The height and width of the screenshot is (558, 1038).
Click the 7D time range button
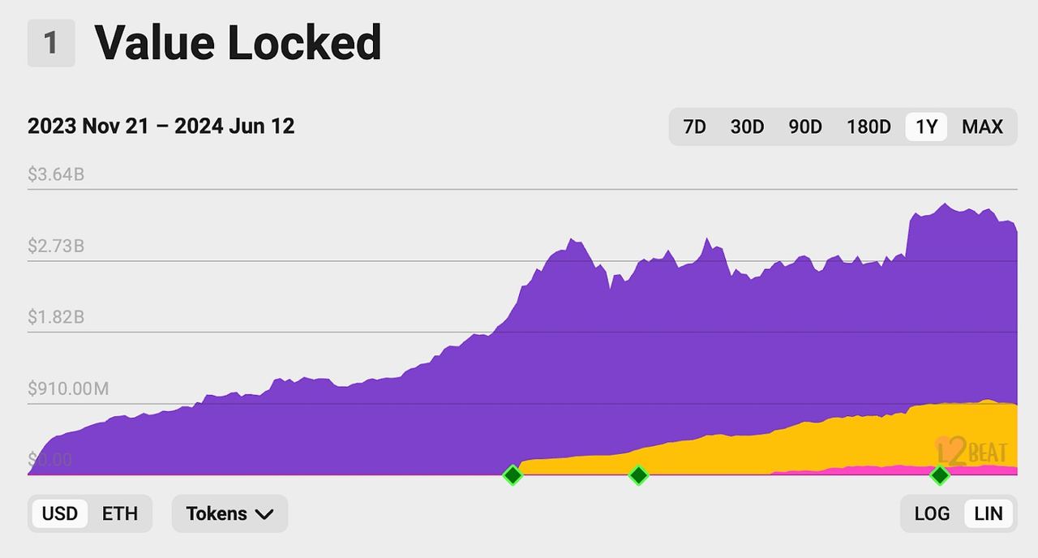(694, 127)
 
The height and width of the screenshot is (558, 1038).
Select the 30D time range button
(747, 127)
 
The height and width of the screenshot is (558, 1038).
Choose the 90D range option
(805, 127)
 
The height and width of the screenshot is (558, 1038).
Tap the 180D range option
(869, 127)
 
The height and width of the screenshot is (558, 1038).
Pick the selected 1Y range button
(926, 127)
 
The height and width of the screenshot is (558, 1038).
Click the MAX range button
(982, 127)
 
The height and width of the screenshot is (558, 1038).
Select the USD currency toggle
(60, 513)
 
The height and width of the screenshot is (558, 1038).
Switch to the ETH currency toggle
(120, 513)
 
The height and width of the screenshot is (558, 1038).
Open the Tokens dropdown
(229, 513)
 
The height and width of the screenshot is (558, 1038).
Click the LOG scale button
(932, 513)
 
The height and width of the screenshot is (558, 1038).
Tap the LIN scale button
(988, 513)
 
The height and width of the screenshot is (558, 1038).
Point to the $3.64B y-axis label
(56, 174)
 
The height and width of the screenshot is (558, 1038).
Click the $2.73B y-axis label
(56, 246)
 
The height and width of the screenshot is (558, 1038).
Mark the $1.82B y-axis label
(56, 317)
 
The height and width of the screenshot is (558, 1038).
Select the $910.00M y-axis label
(68, 388)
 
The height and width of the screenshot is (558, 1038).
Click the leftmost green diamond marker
(512, 475)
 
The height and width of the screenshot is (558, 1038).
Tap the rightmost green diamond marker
(940, 475)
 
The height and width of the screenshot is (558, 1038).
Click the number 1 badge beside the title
(51, 43)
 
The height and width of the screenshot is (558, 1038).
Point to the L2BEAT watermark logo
(972, 451)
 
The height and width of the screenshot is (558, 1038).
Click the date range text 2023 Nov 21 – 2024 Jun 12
(161, 127)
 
